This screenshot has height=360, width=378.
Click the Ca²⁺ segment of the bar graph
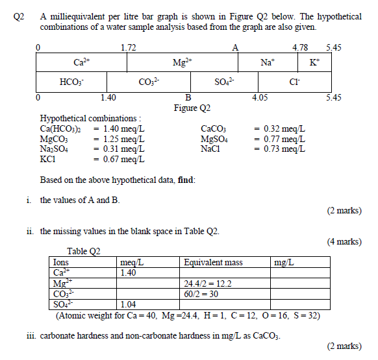pos(81,62)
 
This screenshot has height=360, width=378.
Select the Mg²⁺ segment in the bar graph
pos(183,62)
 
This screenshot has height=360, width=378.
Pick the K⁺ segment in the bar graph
pos(314,62)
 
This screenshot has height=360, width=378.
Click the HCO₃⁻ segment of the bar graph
pos(71,82)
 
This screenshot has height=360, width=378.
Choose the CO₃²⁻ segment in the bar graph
pos(149,82)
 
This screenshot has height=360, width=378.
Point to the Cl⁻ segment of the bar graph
pos(294,82)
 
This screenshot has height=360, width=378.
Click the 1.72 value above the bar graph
pos(129,47)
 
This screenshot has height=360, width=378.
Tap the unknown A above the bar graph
pos(236,47)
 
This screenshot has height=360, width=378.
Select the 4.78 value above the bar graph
pos(301,47)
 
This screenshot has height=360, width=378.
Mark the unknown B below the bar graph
pos(188,98)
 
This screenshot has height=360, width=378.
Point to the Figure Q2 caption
pos(192,108)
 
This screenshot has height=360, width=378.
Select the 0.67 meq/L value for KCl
pos(119,158)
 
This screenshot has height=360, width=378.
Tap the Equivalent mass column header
pos(213,263)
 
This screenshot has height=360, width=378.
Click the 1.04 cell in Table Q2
pos(131,304)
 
